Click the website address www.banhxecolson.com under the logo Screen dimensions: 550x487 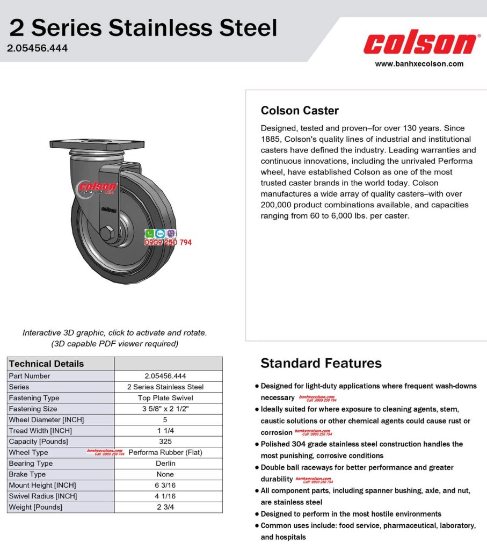coord(419,64)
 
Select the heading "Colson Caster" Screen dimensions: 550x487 coord(300,111)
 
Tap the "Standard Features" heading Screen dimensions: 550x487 coord(321,363)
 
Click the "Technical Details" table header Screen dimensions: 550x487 coord(47,364)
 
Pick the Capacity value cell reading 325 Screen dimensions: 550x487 coord(165,442)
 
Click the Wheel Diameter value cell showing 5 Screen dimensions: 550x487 coord(165,419)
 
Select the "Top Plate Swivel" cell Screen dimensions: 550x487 coord(165,398)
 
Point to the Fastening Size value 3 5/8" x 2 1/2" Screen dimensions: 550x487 coord(165,409)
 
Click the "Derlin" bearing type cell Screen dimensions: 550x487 coord(165,464)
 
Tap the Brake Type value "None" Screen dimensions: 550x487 coord(165,474)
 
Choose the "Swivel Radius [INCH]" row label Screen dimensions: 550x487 coord(43,496)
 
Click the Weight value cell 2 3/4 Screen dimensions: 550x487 coord(165,507)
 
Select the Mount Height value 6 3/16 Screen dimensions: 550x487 coord(165,485)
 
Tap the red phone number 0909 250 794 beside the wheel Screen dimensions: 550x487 coord(168,243)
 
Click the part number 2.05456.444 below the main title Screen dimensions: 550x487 coord(38,48)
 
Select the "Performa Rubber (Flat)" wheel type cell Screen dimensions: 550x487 coord(165,453)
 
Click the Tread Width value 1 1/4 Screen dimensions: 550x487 coord(165,431)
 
